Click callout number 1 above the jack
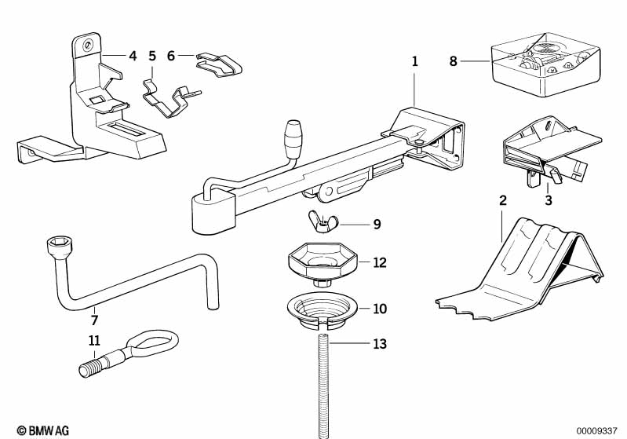click(x=415, y=60)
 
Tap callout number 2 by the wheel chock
click(x=502, y=200)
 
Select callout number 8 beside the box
click(x=453, y=60)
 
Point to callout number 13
click(x=380, y=344)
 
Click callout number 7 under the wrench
click(x=94, y=320)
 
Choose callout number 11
click(x=94, y=341)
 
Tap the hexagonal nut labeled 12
click(x=322, y=262)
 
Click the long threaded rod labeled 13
click(x=323, y=385)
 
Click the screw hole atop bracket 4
click(x=91, y=45)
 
